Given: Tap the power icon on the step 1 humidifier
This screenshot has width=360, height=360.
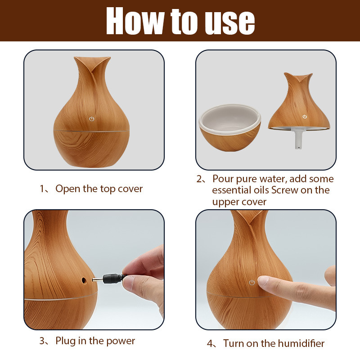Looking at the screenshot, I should coord(92,119).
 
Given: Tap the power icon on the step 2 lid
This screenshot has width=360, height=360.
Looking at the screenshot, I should coord(305,117).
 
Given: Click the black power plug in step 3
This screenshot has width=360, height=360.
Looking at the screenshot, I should coord(110,279).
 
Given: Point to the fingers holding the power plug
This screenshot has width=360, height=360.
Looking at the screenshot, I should coord(144,274).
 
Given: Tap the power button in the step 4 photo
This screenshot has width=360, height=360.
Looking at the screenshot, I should coord(252,283).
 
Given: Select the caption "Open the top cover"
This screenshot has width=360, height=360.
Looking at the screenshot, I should coord(99,189).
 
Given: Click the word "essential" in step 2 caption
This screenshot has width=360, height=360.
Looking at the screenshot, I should coord(232,190).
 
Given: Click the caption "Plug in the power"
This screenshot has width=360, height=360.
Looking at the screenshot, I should coord(95,341).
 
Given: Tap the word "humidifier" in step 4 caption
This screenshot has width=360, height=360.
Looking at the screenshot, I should coord(297,343).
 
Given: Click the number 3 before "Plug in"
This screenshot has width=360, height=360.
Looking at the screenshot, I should coord(42,341).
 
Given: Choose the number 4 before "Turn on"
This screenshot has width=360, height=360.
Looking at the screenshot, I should coord(210,344).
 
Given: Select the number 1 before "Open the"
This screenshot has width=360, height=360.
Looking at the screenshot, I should coord(42,189).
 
